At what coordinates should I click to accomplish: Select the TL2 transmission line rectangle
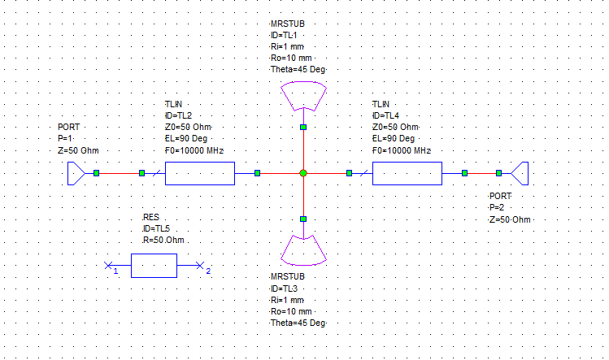click(x=199, y=173)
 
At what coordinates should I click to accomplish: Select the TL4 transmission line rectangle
click(x=407, y=173)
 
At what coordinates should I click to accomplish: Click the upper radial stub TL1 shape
click(x=303, y=99)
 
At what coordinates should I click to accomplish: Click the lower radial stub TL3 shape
click(x=303, y=249)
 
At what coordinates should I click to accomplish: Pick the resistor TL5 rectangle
click(x=154, y=266)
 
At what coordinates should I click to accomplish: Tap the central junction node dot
click(x=303, y=173)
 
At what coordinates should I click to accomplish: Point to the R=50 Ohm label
click(x=165, y=241)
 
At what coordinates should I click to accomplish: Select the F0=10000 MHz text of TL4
click(x=401, y=150)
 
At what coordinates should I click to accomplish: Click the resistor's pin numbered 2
click(x=200, y=266)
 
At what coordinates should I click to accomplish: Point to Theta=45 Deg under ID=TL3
click(x=298, y=323)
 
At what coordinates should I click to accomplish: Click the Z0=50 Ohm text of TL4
click(x=395, y=128)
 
